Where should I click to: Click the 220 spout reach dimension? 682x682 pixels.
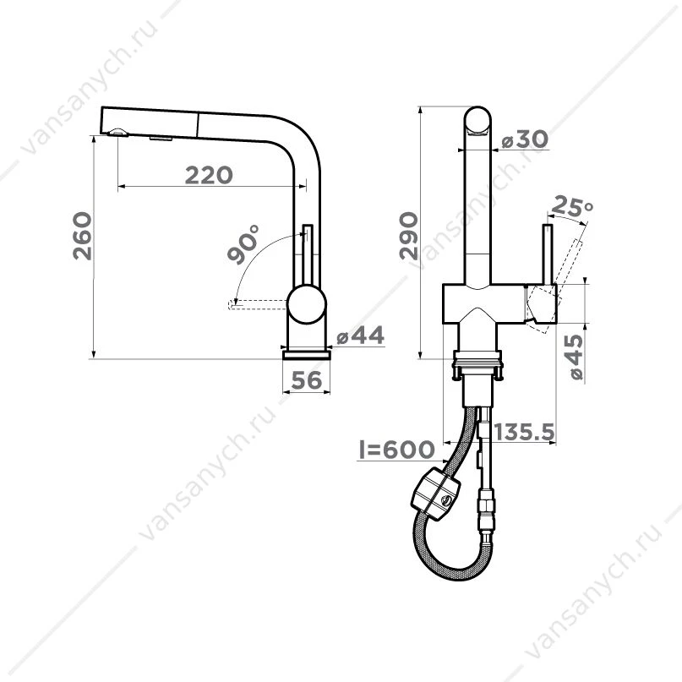(210, 175)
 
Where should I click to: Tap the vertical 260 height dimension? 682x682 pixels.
(83, 236)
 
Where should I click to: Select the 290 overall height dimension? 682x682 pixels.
(409, 235)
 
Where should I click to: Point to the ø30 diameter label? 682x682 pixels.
(525, 139)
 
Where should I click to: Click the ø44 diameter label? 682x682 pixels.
(361, 336)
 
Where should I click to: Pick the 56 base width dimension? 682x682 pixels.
(307, 380)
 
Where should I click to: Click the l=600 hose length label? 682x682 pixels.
(396, 450)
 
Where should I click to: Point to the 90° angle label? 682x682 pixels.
(243, 244)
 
